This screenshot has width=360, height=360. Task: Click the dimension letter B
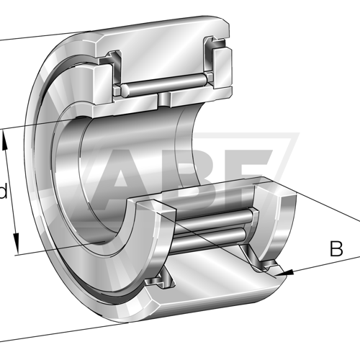pos(336,249)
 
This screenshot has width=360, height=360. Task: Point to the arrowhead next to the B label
pos(287,272)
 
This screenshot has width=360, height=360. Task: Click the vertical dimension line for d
pos(12,192)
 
